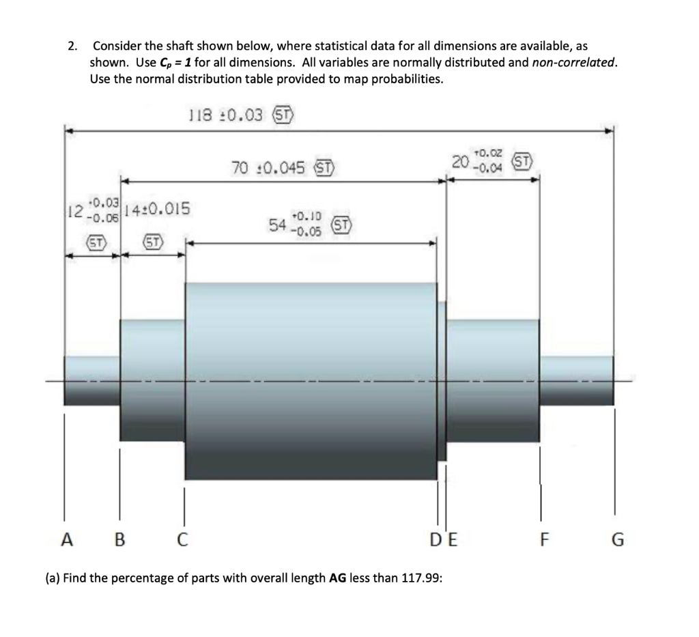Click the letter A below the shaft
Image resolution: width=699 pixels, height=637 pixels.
[66, 540]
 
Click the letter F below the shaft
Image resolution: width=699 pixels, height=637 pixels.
[543, 540]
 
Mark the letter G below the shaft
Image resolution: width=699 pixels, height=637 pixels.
[616, 540]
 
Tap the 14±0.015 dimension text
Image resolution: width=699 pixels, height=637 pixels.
[157, 208]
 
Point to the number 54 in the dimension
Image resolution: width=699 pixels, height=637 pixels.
[277, 225]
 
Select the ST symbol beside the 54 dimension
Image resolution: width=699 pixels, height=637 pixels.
[341, 225]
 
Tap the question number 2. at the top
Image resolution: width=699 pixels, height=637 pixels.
[72, 46]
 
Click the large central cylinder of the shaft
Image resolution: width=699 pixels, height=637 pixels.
[311, 380]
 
